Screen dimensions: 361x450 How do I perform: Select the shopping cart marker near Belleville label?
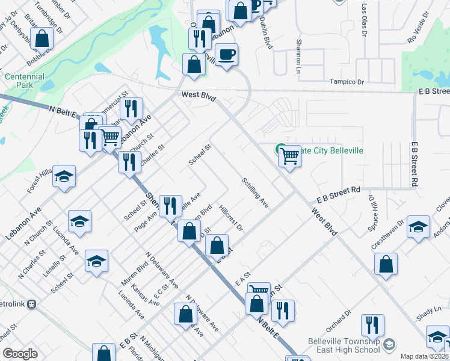pyautogui.click(x=290, y=157)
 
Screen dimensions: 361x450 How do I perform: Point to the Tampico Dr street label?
pyautogui.click(x=347, y=82)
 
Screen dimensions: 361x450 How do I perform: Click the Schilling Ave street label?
pyautogui.click(x=256, y=192)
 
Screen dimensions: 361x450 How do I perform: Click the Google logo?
pyautogui.click(x=20, y=354)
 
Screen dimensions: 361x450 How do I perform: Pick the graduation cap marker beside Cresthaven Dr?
pyautogui.click(x=418, y=228)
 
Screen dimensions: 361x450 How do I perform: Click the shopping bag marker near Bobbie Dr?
pyautogui.click(x=42, y=39)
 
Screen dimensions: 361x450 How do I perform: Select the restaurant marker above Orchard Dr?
pyautogui.click(x=373, y=326)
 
